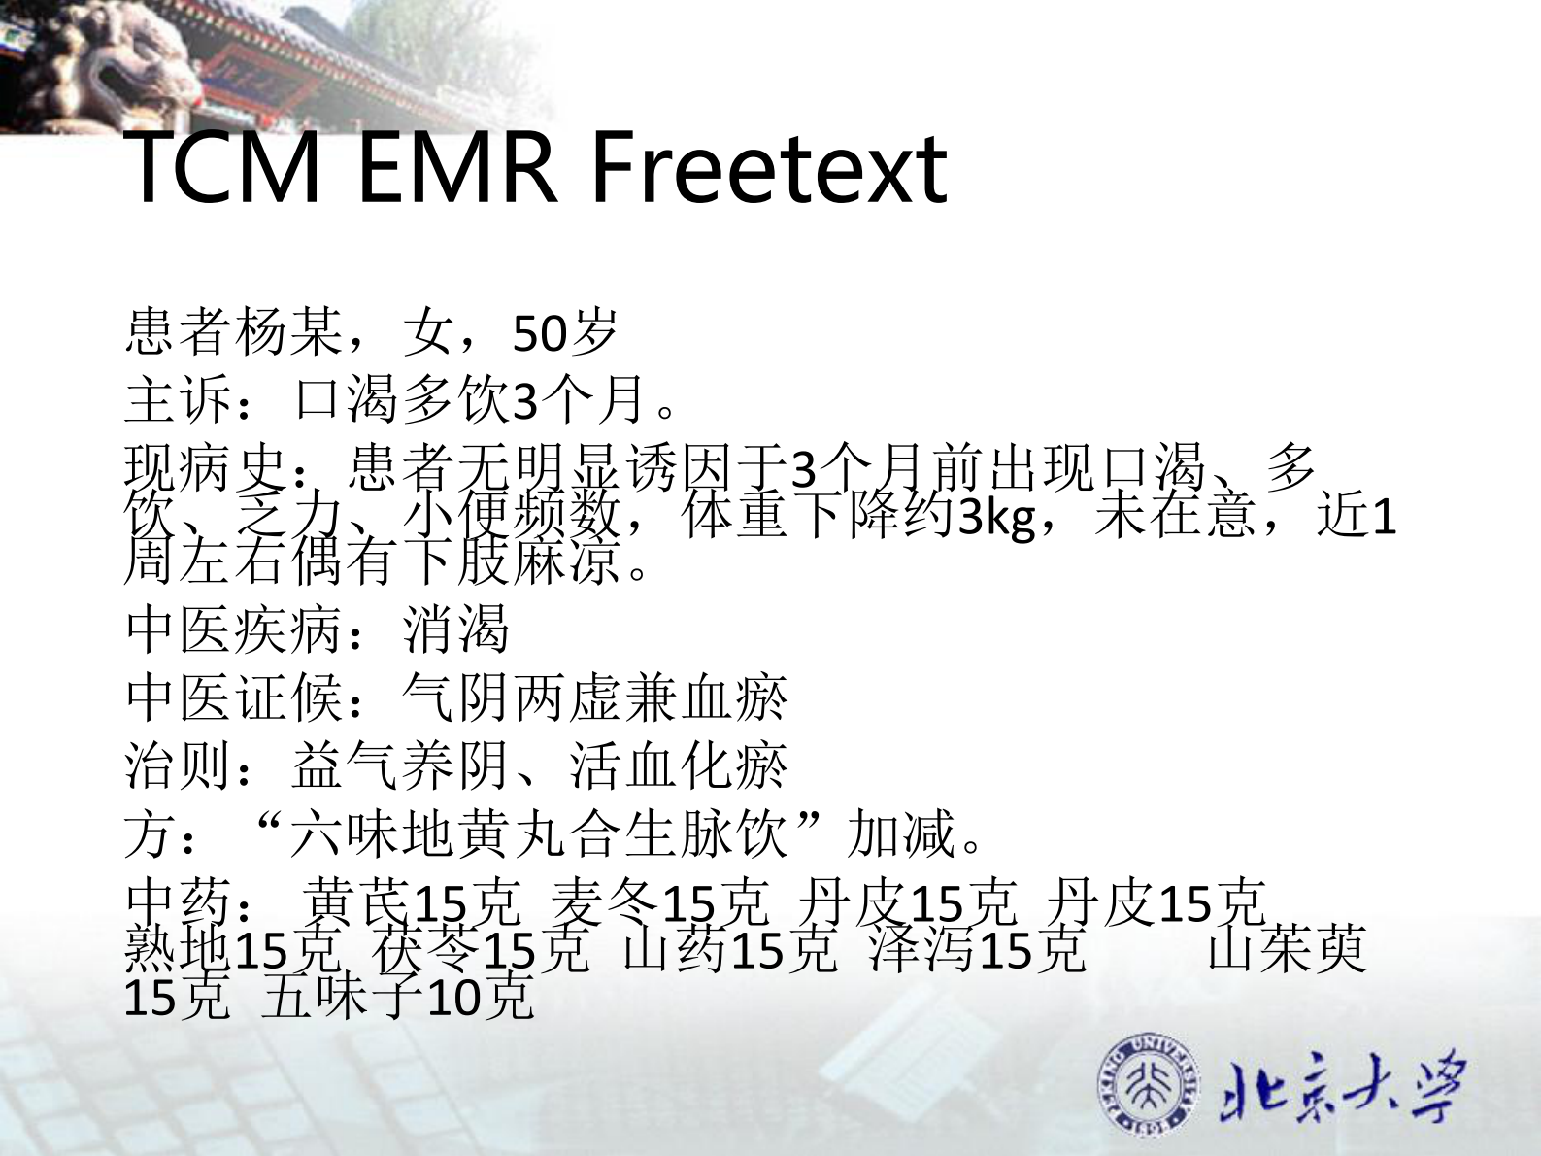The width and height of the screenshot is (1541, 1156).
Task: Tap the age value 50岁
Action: pos(565,332)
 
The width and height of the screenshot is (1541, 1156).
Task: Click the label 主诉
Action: pos(180,399)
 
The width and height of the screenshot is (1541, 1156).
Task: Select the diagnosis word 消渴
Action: pos(456,629)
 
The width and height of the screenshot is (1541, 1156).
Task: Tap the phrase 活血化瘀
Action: pos(678,765)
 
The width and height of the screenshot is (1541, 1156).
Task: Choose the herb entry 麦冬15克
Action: pos(660,902)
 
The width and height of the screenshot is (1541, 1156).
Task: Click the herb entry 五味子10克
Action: pos(398,997)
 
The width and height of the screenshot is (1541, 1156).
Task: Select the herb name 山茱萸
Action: pos(1287,949)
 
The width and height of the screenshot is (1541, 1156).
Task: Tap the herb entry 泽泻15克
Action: pos(976,949)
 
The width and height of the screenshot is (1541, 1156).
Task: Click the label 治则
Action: pos(180,765)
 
